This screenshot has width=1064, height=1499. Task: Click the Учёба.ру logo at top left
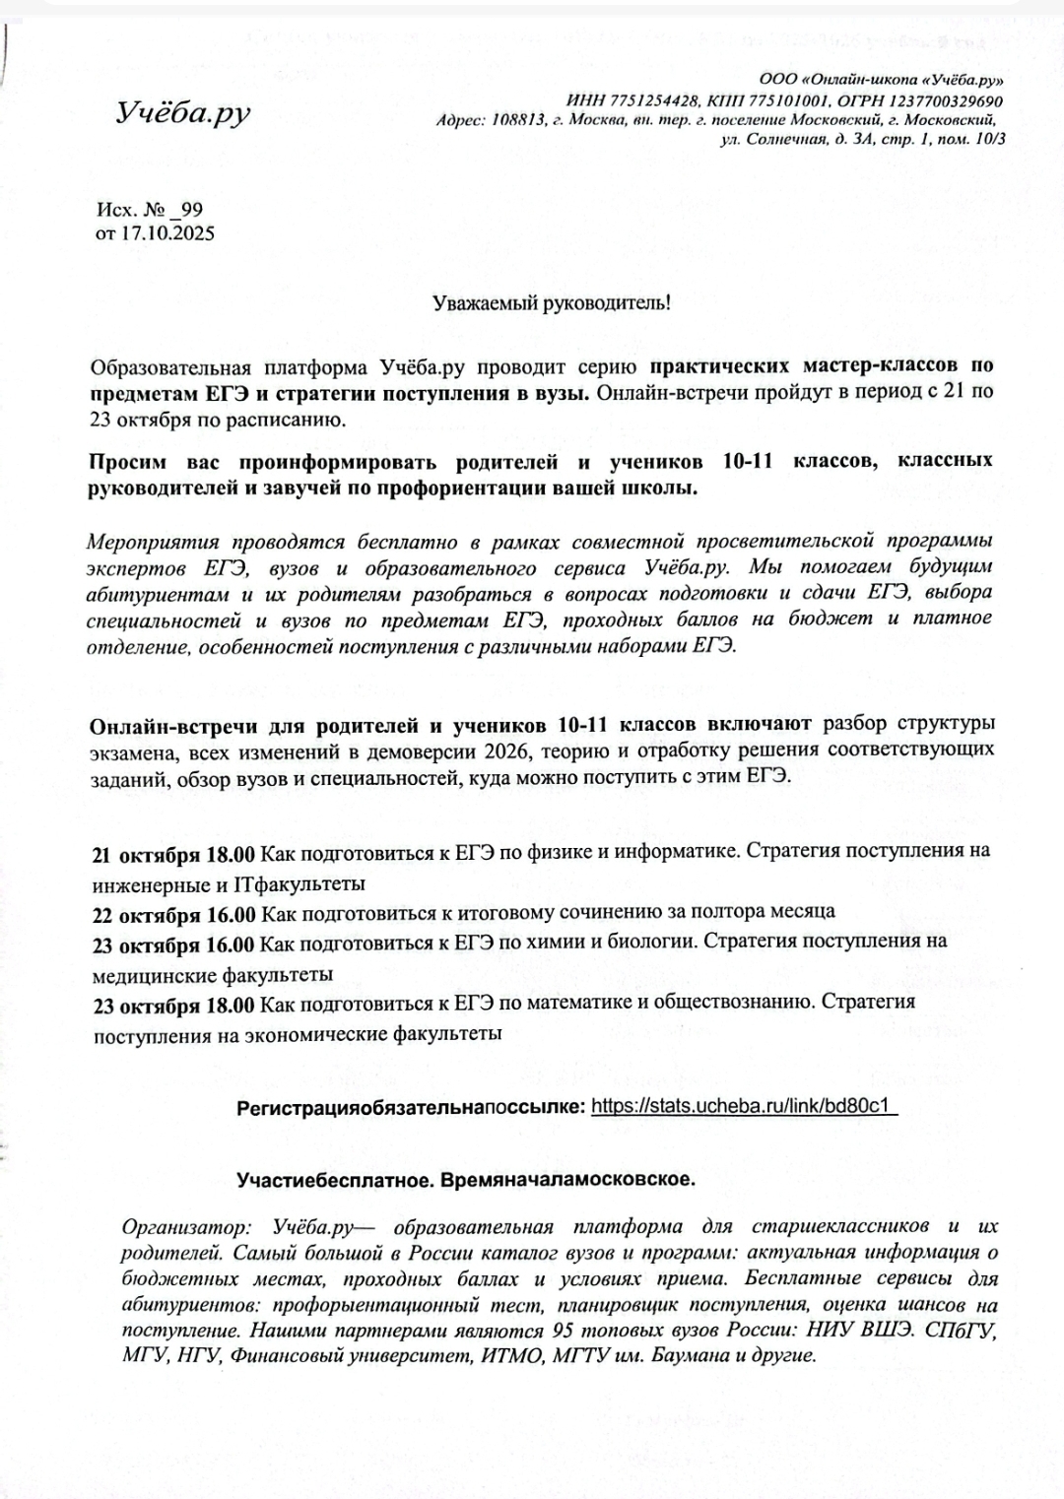click(183, 113)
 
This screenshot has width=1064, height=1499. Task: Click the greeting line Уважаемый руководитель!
click(552, 302)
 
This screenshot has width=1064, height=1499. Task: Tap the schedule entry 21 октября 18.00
click(173, 852)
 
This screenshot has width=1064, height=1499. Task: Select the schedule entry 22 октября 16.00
click(173, 914)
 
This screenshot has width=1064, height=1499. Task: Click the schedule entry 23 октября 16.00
click(173, 945)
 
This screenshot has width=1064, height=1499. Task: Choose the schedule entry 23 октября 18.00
click(173, 1006)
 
